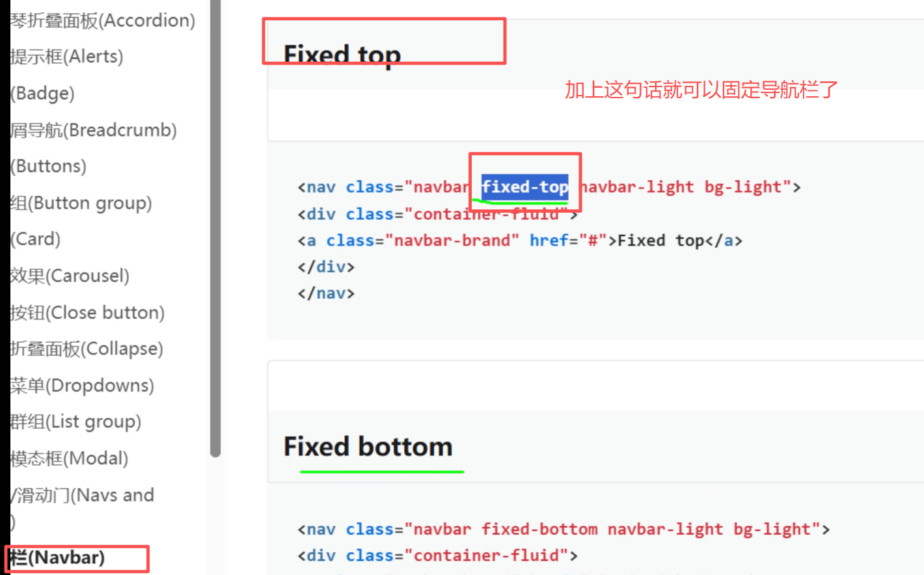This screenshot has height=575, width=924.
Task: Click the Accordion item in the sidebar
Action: pos(102,21)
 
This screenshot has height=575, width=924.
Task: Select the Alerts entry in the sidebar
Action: pos(66,57)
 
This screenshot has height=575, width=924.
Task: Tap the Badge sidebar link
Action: pos(43,94)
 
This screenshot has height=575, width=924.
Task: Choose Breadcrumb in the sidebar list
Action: pos(93,130)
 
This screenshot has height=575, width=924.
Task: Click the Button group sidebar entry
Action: pos(81,204)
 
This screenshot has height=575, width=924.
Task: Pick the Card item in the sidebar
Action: pos(36,239)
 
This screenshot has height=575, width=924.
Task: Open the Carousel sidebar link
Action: pos(70,276)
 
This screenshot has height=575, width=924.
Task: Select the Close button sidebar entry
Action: pos(87,313)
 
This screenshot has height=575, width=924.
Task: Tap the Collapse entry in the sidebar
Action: pos(87,349)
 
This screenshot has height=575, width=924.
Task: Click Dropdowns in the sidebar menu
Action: pos(82,386)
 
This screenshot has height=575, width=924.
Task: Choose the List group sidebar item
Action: pos(75,422)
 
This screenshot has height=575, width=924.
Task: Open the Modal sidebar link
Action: pos(69,459)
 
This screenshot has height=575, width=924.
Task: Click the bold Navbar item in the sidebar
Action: pos(57,558)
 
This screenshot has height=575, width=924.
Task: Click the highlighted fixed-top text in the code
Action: pos(524,187)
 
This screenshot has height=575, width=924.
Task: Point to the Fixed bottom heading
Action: pos(368,447)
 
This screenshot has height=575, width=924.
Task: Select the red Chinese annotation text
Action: pos(701,90)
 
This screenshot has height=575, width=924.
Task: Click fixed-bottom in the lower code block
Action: pos(539,529)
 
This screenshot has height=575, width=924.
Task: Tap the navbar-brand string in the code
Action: pos(452,241)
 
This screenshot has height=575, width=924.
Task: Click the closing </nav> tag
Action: pos(326,293)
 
